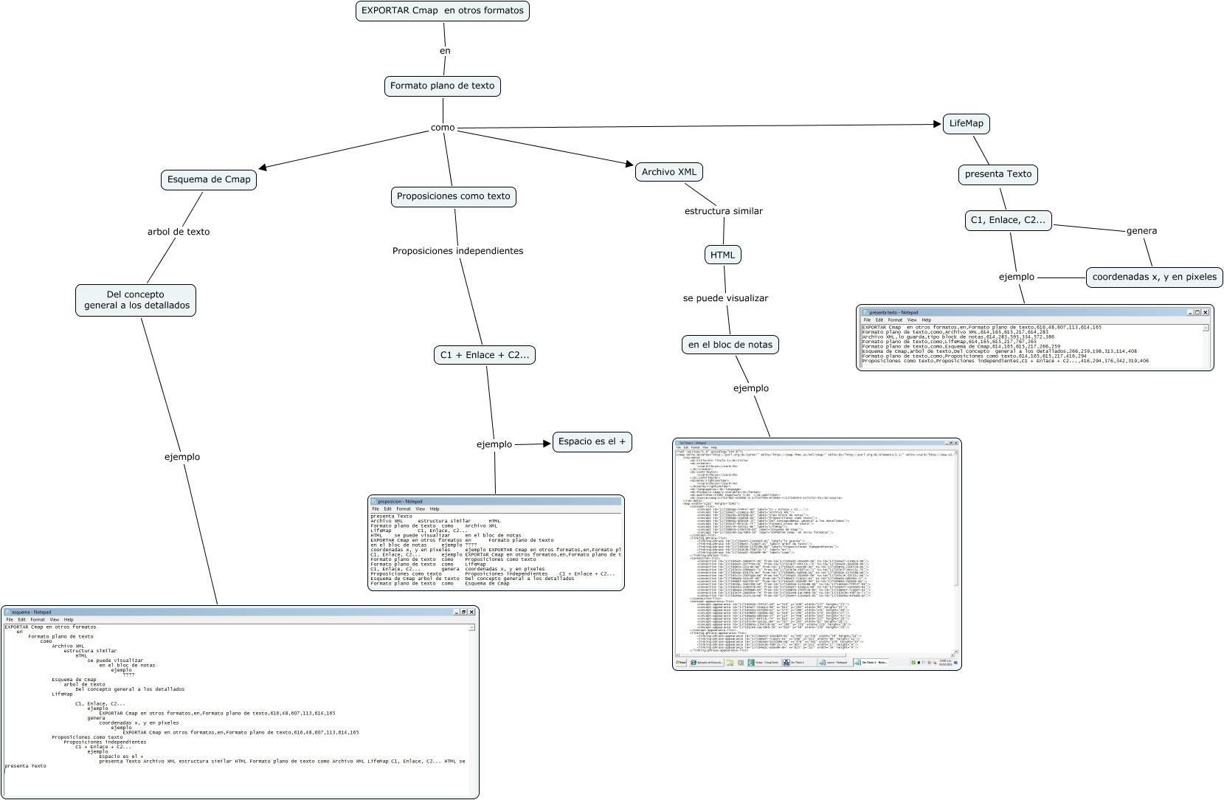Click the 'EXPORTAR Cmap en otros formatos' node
(442, 11)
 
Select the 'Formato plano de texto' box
(442, 86)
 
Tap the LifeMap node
(966, 123)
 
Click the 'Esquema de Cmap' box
(209, 179)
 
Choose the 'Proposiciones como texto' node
(453, 196)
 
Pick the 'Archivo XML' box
(668, 172)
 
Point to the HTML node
(722, 255)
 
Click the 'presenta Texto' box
(998, 174)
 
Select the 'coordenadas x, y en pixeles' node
(1154, 277)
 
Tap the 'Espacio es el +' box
(592, 441)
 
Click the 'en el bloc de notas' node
(730, 345)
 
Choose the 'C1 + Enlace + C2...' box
(485, 355)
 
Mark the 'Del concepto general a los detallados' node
(136, 300)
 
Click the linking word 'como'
(443, 128)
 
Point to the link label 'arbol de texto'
(179, 232)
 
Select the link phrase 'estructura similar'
(723, 211)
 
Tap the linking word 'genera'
(1141, 231)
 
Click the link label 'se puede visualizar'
(725, 298)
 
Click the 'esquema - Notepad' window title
(32, 612)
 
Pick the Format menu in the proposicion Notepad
(403, 508)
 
